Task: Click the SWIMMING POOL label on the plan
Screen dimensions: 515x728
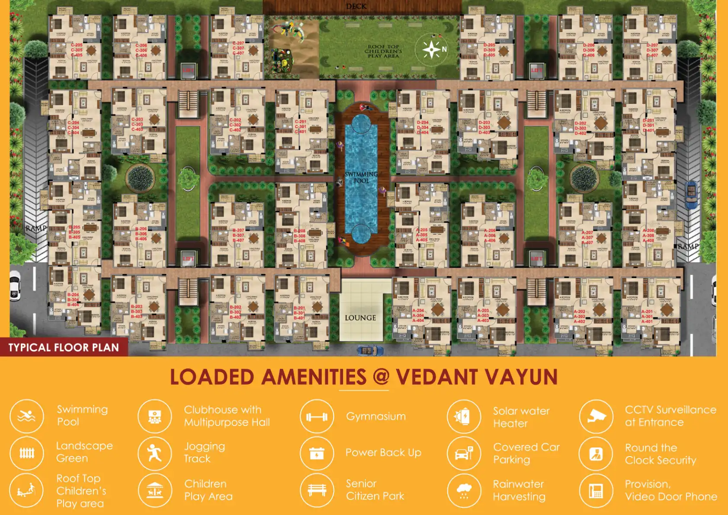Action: pyautogui.click(x=361, y=177)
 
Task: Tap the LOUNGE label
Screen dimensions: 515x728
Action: pyautogui.click(x=360, y=318)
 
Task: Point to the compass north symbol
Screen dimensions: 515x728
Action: pyautogui.click(x=432, y=49)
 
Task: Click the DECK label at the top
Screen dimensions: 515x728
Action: pyautogui.click(x=356, y=6)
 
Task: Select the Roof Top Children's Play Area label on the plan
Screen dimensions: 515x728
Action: pyautogui.click(x=383, y=51)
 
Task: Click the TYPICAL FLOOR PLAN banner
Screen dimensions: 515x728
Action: pyautogui.click(x=64, y=348)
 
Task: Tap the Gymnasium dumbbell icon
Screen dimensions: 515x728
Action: pyautogui.click(x=317, y=417)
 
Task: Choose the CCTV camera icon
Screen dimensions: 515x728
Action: pyautogui.click(x=596, y=416)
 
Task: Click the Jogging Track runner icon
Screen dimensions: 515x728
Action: pyautogui.click(x=154, y=454)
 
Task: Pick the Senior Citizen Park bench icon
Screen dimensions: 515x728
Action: pyautogui.click(x=317, y=490)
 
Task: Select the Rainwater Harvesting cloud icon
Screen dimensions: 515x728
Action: pyautogui.click(x=464, y=491)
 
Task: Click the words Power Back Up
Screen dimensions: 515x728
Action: pyautogui.click(x=383, y=453)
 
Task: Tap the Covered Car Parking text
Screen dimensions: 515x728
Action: pyautogui.click(x=526, y=453)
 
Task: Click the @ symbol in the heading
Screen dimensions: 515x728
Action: pyautogui.click(x=381, y=377)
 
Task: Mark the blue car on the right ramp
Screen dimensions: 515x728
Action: pyautogui.click(x=691, y=195)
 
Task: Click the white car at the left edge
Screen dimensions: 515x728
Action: pyautogui.click(x=15, y=286)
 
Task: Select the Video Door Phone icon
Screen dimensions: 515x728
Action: pyautogui.click(x=596, y=491)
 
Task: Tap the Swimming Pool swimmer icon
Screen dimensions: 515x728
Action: pyautogui.click(x=27, y=416)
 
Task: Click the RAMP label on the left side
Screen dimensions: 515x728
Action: pyautogui.click(x=36, y=228)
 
